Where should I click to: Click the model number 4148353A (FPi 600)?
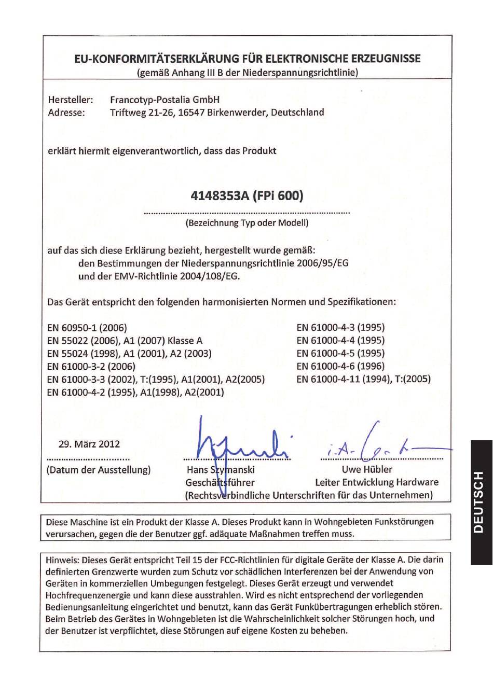pyautogui.click(x=246, y=196)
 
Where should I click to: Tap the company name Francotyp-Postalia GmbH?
pyautogui.click(x=165, y=100)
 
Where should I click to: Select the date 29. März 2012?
pyautogui.click(x=89, y=444)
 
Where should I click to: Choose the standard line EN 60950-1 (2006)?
pyautogui.click(x=87, y=328)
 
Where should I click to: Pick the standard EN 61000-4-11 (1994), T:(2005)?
pyautogui.click(x=363, y=379)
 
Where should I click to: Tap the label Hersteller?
pyautogui.click(x=71, y=100)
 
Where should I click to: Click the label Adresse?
pyautogui.click(x=66, y=113)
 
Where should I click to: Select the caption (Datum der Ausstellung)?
pyautogui.click(x=99, y=470)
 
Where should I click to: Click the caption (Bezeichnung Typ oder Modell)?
pyautogui.click(x=246, y=223)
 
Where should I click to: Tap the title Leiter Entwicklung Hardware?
pyautogui.click(x=376, y=482)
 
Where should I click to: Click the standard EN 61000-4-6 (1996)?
pyautogui.click(x=340, y=366)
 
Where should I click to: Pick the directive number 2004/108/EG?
pyautogui.click(x=210, y=276)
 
